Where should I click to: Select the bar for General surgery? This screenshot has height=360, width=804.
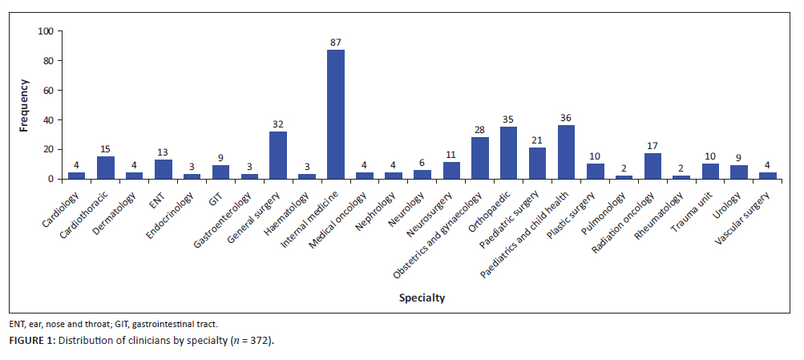click(x=278, y=156)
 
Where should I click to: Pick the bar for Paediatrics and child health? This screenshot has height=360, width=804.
click(x=566, y=152)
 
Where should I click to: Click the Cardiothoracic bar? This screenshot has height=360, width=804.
click(x=105, y=168)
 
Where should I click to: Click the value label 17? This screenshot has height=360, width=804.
click(x=652, y=144)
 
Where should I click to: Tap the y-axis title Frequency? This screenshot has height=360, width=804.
click(x=25, y=105)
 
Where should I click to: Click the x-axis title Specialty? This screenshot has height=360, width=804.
click(x=422, y=298)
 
